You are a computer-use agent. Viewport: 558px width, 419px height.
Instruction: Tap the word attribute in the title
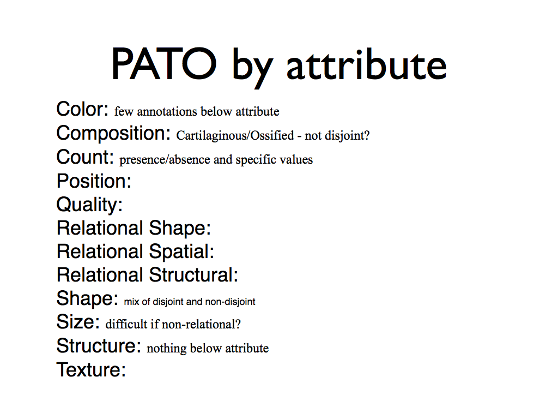point(366,64)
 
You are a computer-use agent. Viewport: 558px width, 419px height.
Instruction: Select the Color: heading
point(82,109)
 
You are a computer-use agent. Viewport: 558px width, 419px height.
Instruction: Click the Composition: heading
point(113,134)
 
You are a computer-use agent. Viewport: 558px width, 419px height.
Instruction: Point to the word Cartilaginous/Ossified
point(235,135)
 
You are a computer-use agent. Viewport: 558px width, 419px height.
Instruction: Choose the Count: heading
point(85,157)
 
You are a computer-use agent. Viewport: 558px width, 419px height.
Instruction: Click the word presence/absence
point(165,160)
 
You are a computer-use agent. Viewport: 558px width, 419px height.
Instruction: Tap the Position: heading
point(94,181)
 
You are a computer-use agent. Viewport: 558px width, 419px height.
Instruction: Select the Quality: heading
point(89,205)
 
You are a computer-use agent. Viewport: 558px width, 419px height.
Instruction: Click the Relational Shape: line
point(134,228)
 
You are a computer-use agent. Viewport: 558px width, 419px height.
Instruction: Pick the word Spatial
point(181,252)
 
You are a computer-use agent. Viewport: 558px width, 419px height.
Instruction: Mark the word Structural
point(193,275)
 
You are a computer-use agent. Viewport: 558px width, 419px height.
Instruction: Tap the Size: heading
point(78,322)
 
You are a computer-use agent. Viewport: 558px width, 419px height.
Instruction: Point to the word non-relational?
point(201,324)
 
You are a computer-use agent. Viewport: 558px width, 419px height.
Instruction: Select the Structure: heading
point(99,345)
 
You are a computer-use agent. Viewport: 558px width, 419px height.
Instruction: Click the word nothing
point(167,349)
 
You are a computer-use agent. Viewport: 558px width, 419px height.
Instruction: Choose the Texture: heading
point(92,369)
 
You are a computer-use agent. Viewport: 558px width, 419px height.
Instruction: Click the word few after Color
point(124,111)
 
